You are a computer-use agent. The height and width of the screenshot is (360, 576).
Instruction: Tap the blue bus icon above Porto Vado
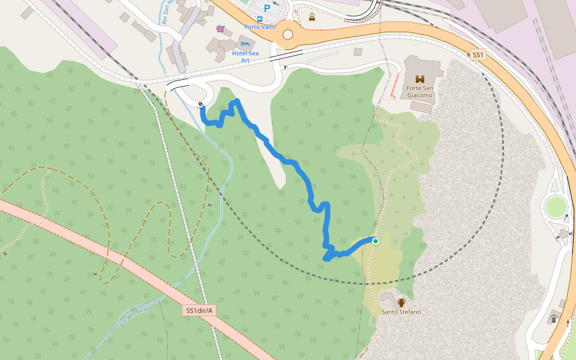point(259,19)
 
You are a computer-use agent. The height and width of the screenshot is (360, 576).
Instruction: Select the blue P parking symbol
point(267,8)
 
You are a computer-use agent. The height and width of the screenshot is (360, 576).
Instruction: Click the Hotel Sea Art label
point(245,56)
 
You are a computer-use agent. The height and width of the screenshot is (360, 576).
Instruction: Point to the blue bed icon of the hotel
point(244,44)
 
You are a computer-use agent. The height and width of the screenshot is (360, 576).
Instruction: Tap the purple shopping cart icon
point(221,28)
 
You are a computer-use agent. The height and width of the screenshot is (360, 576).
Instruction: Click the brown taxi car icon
point(312,17)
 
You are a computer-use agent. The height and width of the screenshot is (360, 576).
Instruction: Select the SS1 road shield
point(478,55)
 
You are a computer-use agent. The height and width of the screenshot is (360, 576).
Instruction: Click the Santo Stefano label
point(401,312)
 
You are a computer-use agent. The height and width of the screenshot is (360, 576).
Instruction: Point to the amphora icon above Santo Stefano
point(401,302)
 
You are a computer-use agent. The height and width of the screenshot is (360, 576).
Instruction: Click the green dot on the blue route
point(376,241)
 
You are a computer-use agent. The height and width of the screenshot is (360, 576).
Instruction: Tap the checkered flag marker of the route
point(200,104)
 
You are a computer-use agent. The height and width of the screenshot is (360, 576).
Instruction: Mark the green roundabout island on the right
point(556,208)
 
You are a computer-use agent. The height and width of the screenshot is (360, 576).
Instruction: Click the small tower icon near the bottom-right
point(554,318)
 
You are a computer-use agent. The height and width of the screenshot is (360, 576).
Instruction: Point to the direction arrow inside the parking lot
point(275,3)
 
